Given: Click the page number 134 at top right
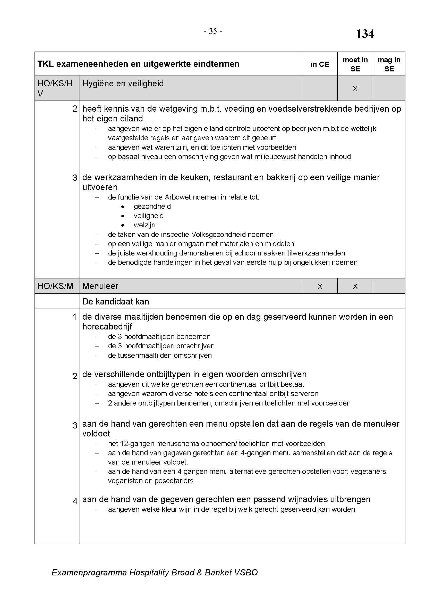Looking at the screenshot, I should click(365, 34).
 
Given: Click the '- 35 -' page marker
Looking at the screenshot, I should click(213, 31).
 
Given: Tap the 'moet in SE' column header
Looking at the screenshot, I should click(355, 64).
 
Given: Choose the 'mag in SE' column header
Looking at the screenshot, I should click(389, 64).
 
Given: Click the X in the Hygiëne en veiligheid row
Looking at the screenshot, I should click(355, 89).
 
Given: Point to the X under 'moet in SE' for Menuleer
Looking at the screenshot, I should click(355, 286).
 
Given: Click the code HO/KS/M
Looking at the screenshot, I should click(55, 286).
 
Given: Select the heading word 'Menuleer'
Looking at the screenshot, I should click(100, 286).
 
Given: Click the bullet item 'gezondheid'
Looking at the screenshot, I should click(152, 206).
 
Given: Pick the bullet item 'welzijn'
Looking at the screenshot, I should click(144, 225).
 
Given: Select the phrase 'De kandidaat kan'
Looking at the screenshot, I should click(116, 302).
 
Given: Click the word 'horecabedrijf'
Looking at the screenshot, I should click(107, 327).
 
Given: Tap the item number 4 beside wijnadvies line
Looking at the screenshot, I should click(75, 501).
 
